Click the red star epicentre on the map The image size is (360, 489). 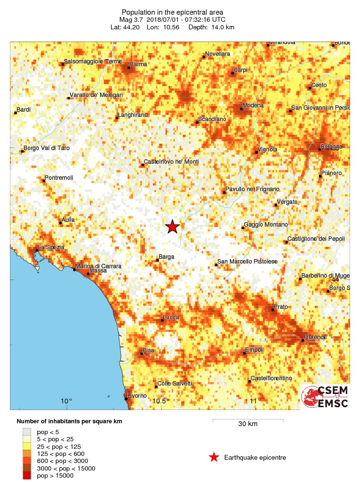click(172, 227)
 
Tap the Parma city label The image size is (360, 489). click(138, 64)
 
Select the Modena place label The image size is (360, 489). click(253, 105)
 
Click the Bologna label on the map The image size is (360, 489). click(331, 147)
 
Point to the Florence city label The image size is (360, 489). click(315, 337)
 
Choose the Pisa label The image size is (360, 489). click(149, 350)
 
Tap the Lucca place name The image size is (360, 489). click(171, 317)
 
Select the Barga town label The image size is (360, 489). click(166, 257)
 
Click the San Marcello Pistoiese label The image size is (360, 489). click(247, 262)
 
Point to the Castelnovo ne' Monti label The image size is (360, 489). click(171, 162)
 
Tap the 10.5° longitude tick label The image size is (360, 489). click(161, 402)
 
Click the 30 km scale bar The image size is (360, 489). click(248, 420)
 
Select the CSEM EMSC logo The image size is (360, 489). click(326, 397)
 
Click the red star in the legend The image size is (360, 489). click(214, 457)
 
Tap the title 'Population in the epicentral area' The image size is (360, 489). click(172, 12)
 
